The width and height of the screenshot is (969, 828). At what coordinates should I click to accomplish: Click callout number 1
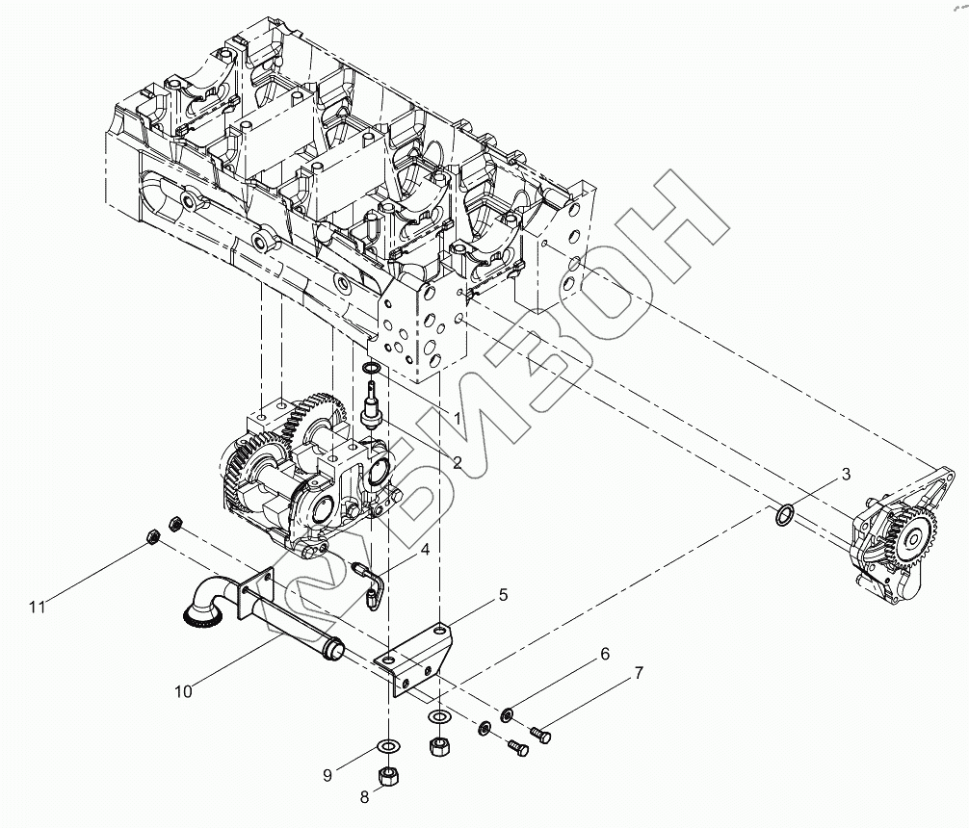pyautogui.click(x=458, y=419)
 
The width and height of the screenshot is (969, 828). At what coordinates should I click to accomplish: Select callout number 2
pyautogui.click(x=458, y=463)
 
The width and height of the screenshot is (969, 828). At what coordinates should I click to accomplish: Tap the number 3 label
pyautogui.click(x=846, y=474)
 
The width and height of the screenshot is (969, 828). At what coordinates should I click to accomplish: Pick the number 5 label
pyautogui.click(x=502, y=596)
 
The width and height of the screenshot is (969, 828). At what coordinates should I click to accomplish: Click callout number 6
pyautogui.click(x=605, y=655)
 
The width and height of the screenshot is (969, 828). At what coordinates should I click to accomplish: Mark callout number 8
pyautogui.click(x=365, y=796)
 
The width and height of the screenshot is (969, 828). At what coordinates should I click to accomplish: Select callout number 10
pyautogui.click(x=183, y=690)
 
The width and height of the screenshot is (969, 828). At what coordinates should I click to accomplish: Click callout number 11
pyautogui.click(x=38, y=607)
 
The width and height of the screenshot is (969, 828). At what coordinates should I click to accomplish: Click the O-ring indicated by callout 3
pyautogui.click(x=785, y=518)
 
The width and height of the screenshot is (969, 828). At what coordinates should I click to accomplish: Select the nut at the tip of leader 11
pyautogui.click(x=151, y=535)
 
